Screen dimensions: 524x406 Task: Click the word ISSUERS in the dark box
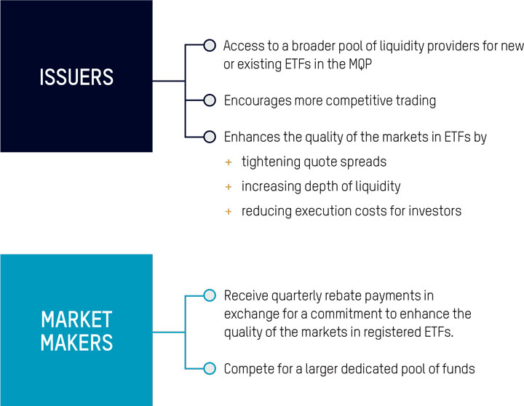(x=76, y=77)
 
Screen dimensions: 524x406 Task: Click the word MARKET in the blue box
(x=76, y=319)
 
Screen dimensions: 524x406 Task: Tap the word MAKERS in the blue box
(x=76, y=343)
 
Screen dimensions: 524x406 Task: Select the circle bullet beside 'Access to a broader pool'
(x=210, y=45)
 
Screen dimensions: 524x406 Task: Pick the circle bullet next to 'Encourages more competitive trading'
(x=210, y=100)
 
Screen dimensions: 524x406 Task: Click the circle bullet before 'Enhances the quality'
(x=210, y=137)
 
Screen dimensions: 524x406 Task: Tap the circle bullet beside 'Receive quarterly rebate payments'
(x=210, y=295)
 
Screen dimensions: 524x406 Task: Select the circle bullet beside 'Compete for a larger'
(x=210, y=368)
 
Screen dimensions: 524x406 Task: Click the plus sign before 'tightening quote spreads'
(x=229, y=162)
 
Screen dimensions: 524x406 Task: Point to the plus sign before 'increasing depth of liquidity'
(x=229, y=187)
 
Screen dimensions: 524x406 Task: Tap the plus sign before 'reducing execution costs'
(x=229, y=212)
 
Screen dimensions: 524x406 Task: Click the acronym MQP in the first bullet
(x=360, y=64)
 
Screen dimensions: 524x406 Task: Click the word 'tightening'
(x=271, y=162)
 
